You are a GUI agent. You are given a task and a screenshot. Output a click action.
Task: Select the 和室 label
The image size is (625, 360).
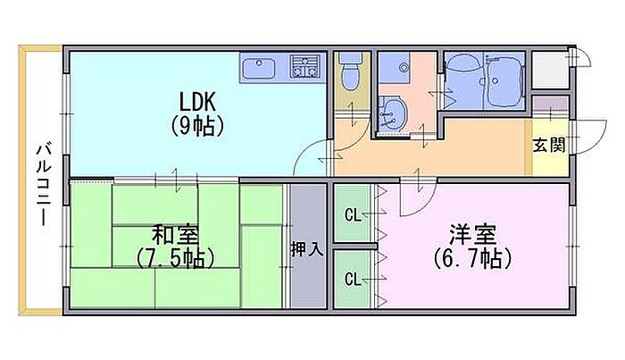pyautogui.click(x=174, y=237)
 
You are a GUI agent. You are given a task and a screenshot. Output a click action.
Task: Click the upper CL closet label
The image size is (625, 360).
pyautogui.click(x=353, y=214)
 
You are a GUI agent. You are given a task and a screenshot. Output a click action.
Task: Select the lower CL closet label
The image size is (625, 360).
pyautogui.click(x=353, y=279)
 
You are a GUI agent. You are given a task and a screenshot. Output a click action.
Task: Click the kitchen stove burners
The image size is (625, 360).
pyautogui.click(x=307, y=66)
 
